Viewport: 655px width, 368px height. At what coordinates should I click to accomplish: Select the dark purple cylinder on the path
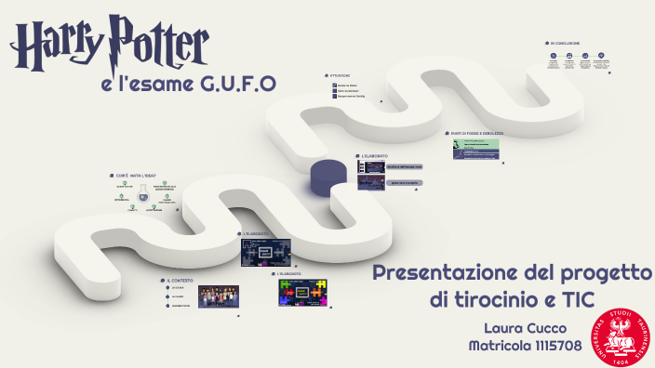(x=327, y=177)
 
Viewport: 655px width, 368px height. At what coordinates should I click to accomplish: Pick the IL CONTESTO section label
(x=181, y=280)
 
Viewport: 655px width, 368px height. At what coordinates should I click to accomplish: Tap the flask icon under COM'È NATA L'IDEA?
(x=144, y=196)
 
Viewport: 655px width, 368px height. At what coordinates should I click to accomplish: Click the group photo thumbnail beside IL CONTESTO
(x=218, y=296)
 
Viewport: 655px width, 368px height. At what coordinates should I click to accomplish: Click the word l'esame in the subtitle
(x=154, y=85)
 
